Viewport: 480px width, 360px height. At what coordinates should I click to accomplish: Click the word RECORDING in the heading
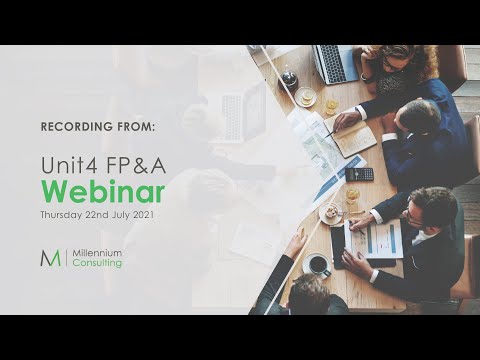point(77,128)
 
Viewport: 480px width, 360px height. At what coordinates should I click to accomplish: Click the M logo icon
point(50,258)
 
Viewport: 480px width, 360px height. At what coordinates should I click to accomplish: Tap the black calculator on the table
point(359,174)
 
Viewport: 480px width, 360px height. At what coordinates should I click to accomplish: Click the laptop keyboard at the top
point(333,64)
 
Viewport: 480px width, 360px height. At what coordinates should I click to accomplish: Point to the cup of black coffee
point(318,265)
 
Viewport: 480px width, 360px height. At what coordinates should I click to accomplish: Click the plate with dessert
point(330,213)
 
